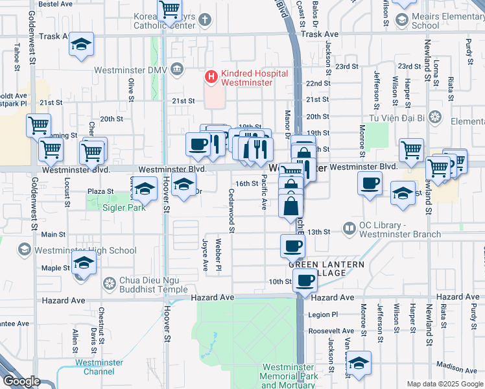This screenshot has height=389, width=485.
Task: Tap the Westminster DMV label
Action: point(129,70)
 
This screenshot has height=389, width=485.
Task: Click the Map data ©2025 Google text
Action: point(445,384)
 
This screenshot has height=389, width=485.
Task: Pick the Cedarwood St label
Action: point(231,207)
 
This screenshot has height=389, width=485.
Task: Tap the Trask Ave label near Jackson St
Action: point(320,34)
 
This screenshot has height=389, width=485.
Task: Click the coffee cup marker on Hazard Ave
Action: point(304,280)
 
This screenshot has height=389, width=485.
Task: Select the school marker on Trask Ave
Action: point(82,45)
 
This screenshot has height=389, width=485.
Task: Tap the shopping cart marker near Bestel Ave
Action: point(169,10)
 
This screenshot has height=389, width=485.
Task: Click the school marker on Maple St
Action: point(84,263)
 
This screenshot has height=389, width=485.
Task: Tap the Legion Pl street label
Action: point(324,314)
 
